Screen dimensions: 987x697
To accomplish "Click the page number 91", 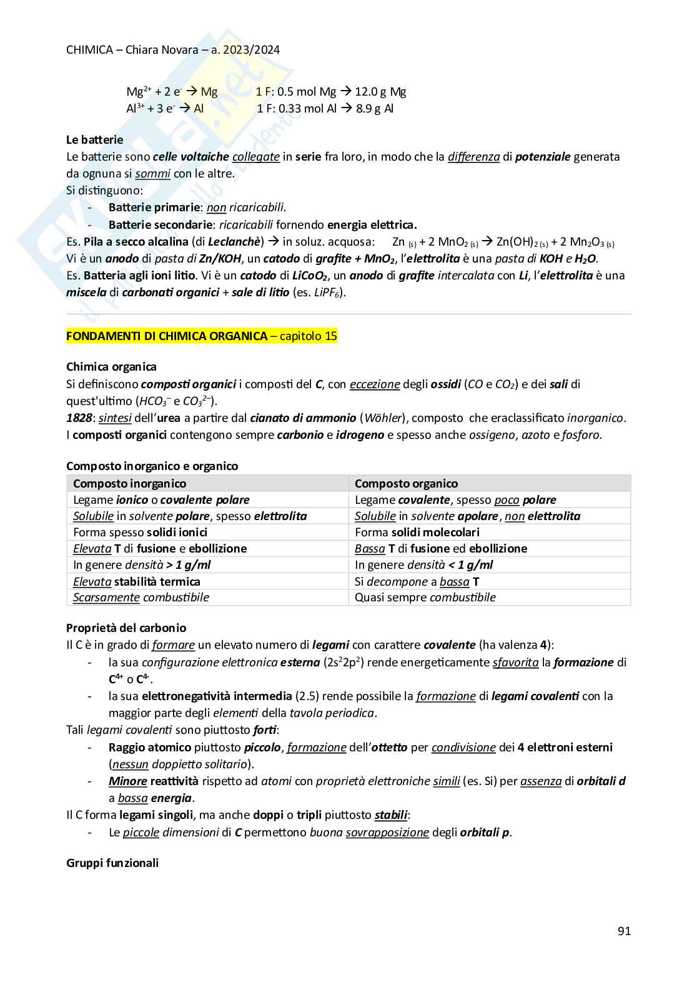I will click(x=623, y=931).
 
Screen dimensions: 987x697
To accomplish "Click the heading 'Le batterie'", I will click(x=94, y=140).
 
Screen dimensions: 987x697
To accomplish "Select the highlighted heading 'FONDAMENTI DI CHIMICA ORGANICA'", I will click(x=167, y=336).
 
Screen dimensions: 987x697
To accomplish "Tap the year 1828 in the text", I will click(x=79, y=418).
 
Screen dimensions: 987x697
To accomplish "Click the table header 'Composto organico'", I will click(x=406, y=483).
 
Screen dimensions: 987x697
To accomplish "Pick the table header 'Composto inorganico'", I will click(x=129, y=483).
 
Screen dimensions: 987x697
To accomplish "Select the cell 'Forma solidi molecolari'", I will click(x=417, y=532).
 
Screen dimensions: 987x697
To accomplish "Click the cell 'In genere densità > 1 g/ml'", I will click(x=142, y=564).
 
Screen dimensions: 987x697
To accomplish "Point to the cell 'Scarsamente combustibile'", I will click(x=141, y=597).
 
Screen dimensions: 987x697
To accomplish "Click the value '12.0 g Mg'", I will click(x=380, y=92).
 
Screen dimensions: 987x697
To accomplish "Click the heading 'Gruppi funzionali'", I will click(x=112, y=863).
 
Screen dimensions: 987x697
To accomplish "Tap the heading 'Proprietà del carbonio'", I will click(x=126, y=628).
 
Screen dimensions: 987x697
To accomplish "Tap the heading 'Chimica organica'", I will click(x=111, y=367).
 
